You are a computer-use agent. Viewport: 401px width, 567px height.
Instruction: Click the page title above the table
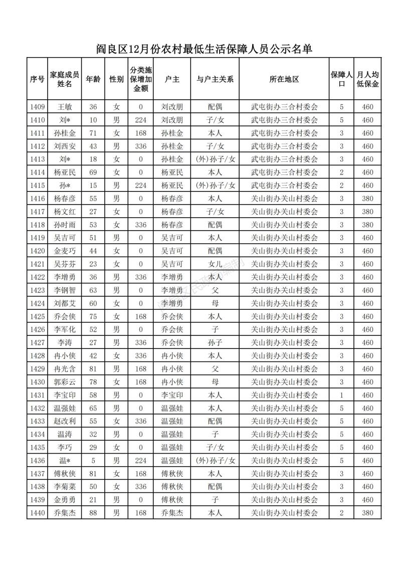click(204, 49)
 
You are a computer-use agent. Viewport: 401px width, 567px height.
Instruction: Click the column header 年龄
click(93, 79)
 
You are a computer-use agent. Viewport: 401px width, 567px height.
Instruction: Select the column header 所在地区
click(284, 79)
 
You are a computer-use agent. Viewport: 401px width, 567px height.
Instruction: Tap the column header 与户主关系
click(215, 79)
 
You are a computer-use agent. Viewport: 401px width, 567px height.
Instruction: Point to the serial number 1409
click(38, 107)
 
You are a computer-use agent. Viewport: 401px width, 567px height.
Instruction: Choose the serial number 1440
click(38, 513)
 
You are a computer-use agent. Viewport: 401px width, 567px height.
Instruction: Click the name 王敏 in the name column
click(65, 107)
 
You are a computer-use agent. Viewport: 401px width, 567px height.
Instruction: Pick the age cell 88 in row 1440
click(93, 513)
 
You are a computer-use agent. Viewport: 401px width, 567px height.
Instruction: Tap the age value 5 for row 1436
click(93, 461)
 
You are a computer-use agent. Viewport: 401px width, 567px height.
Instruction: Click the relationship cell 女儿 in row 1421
click(215, 264)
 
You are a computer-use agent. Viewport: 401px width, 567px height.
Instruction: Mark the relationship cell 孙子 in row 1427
click(215, 343)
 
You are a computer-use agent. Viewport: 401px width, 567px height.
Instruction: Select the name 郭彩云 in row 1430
click(65, 382)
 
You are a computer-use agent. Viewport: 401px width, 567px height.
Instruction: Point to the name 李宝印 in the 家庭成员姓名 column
click(65, 395)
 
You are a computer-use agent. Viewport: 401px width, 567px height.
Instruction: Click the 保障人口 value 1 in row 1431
click(341, 395)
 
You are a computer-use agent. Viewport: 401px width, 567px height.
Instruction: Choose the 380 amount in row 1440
click(368, 513)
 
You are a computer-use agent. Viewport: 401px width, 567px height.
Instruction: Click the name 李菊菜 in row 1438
click(65, 487)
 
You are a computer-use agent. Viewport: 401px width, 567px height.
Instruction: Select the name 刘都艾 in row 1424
click(65, 303)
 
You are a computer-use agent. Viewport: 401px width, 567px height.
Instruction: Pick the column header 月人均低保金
click(368, 79)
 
